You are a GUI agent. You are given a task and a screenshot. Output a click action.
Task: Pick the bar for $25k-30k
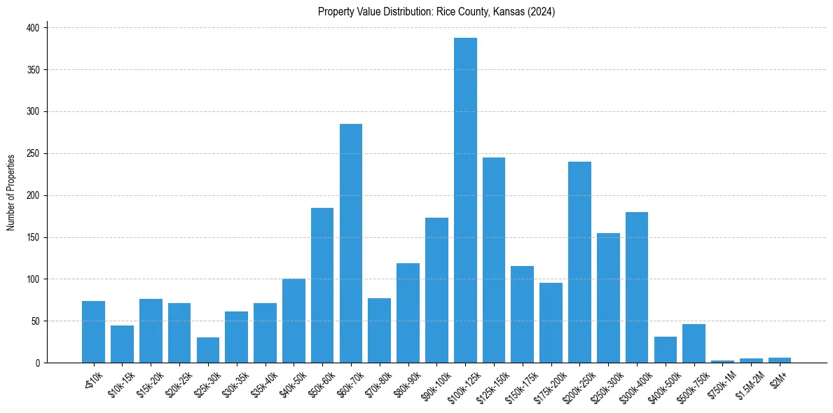[208, 350]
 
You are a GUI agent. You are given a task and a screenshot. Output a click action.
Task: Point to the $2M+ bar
[780, 360]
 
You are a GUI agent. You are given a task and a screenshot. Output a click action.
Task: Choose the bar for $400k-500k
[666, 350]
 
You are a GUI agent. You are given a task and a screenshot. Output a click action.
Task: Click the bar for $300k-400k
[637, 287]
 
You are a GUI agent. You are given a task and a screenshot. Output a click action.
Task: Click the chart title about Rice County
[436, 12]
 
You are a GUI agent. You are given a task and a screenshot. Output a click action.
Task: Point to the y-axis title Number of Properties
[11, 192]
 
